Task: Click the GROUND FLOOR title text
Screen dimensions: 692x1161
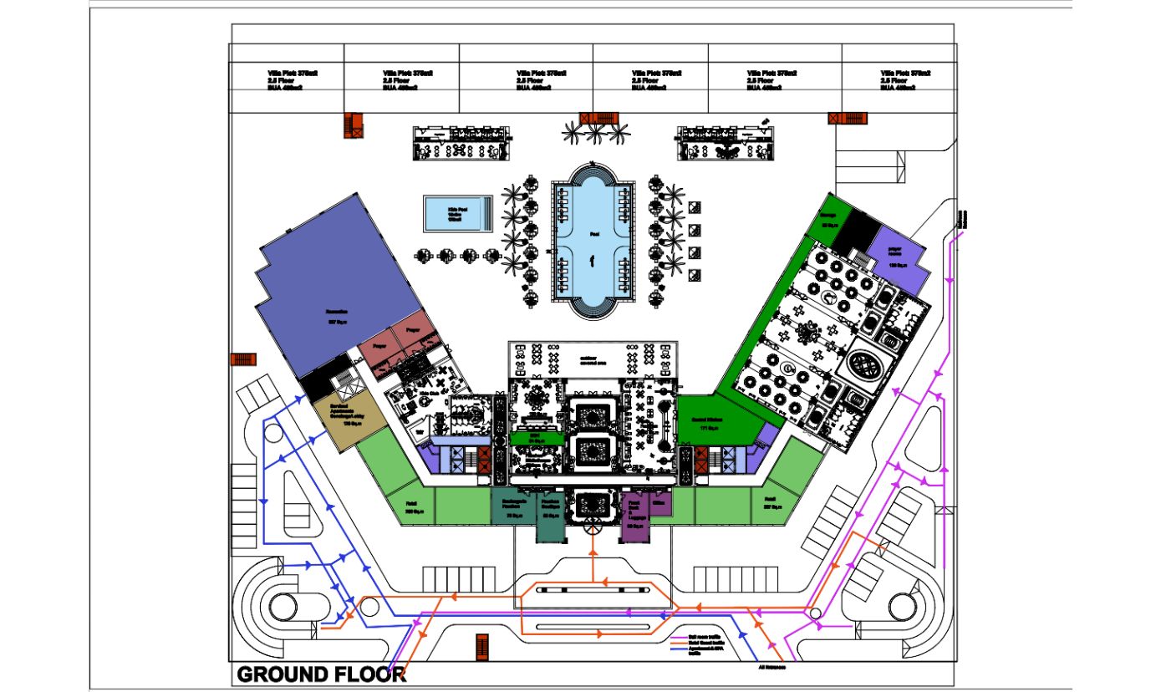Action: click(321, 674)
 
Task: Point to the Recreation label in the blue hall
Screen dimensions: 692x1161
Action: click(337, 314)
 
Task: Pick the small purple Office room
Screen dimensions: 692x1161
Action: click(659, 504)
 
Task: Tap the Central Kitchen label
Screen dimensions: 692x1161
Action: click(707, 424)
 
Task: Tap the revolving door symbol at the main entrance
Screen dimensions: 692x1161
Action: click(593, 526)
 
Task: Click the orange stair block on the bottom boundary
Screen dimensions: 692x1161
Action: click(481, 645)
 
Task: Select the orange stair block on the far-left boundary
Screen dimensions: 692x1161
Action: click(242, 359)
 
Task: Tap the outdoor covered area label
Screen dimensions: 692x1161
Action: click(593, 361)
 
